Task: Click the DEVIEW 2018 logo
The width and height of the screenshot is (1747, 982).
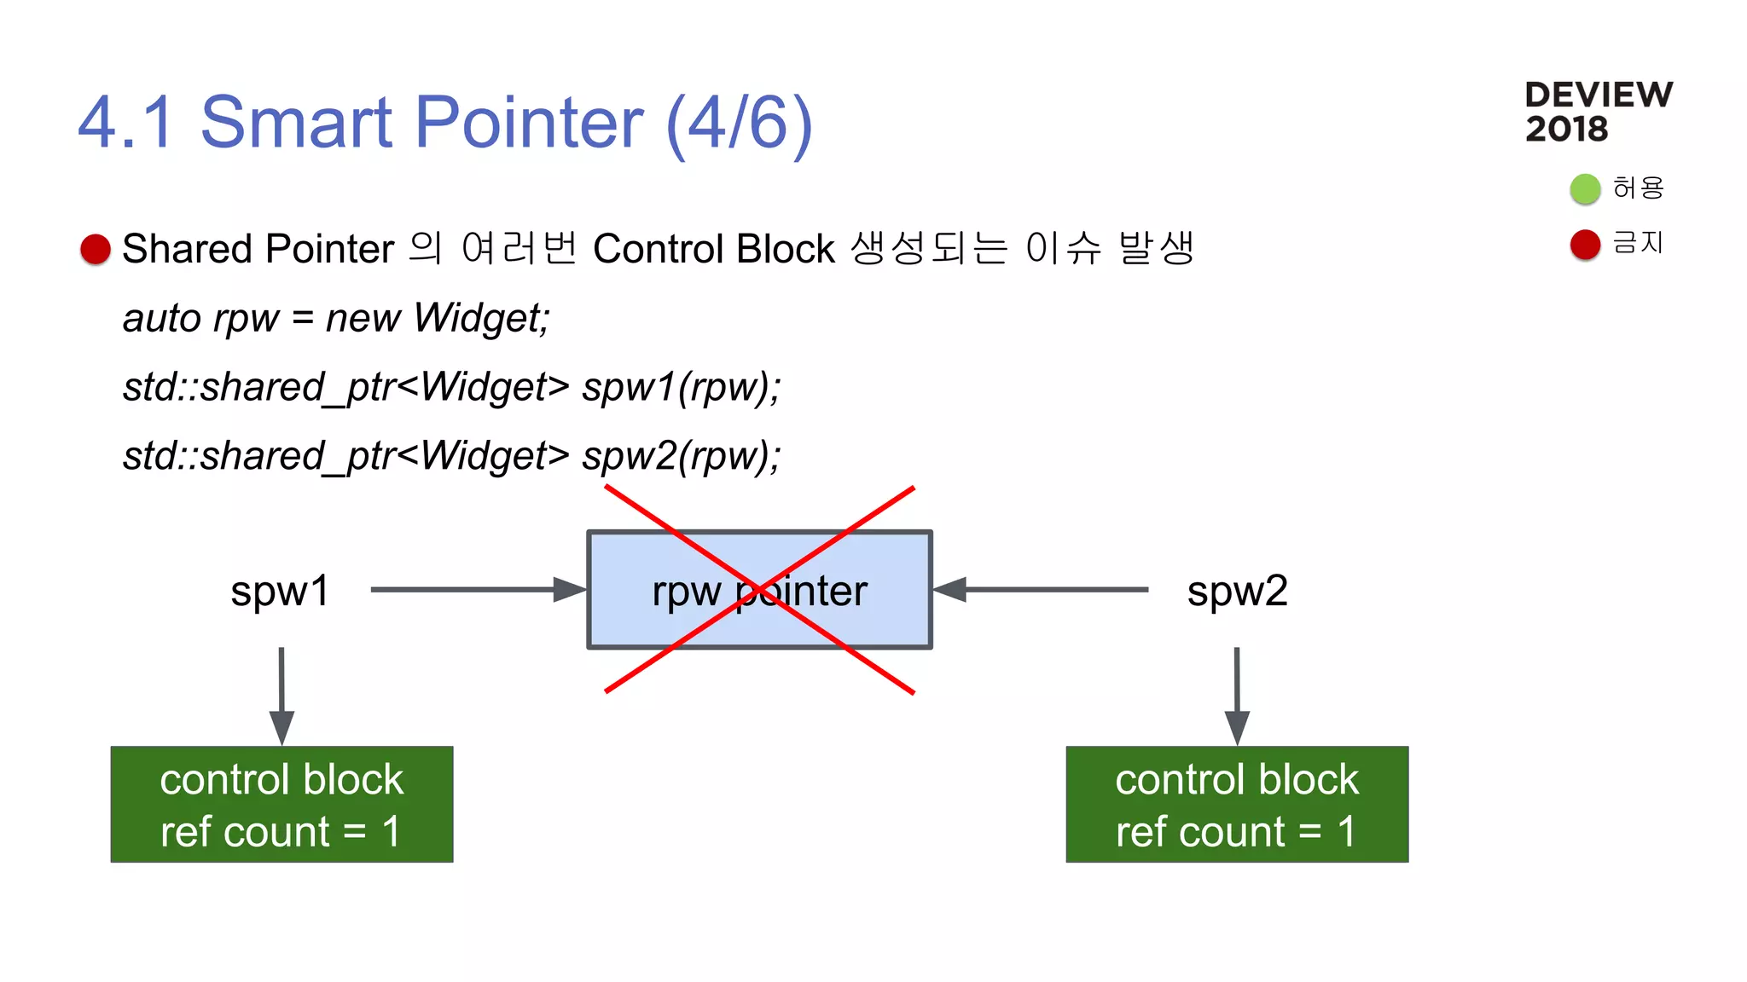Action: pos(1598,112)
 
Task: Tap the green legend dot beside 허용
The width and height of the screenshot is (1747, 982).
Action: pos(1585,188)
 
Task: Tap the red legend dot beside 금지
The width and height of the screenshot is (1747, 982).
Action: pos(1585,245)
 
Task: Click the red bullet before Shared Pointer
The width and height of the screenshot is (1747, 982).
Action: pos(96,249)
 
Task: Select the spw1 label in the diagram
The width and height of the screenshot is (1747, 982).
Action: pos(280,591)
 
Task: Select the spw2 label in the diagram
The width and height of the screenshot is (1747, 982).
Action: pos(1237,591)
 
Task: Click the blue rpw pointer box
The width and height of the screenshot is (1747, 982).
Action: pos(759,590)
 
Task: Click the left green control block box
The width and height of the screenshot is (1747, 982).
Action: pos(281,805)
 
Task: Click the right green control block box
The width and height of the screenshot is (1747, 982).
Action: pos(1237,805)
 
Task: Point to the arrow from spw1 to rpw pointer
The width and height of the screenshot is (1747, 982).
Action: pos(478,589)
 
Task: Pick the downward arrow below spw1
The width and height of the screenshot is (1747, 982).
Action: pos(281,695)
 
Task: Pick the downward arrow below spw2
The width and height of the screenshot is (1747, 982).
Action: pos(1237,695)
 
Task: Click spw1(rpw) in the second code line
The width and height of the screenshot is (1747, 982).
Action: pos(680,387)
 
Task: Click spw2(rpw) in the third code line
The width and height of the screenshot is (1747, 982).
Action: pos(680,456)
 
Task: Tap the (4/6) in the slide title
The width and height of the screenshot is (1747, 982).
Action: pos(739,123)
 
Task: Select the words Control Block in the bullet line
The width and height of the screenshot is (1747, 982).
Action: pos(713,249)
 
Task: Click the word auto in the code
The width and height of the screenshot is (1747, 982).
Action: pos(161,318)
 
